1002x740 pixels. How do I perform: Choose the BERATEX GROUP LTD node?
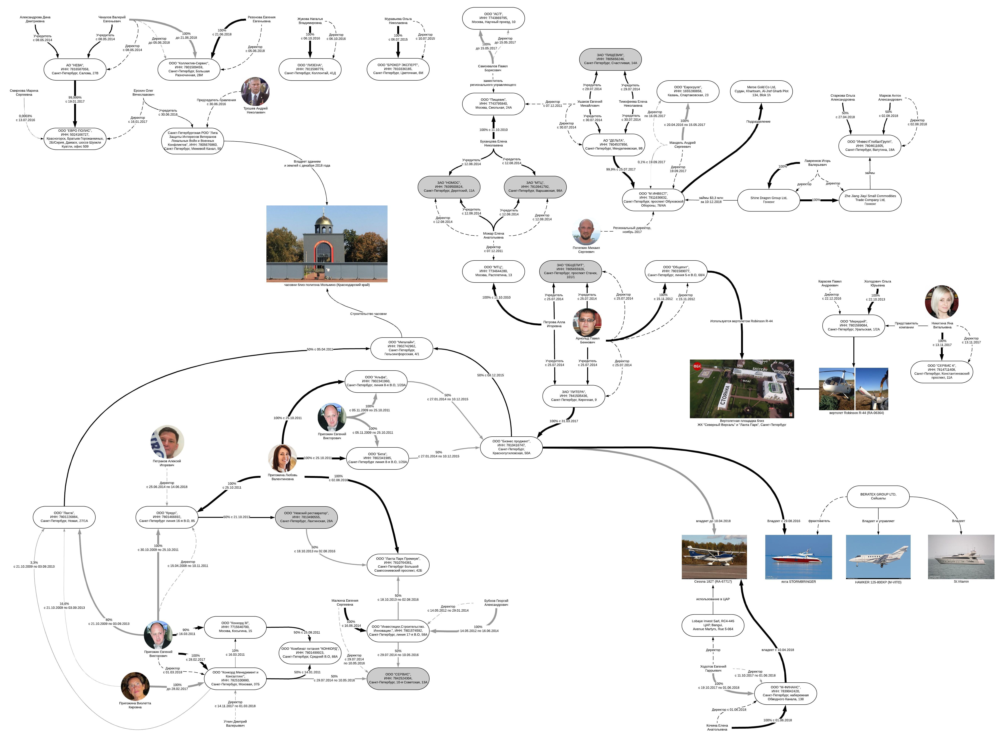[x=878, y=496]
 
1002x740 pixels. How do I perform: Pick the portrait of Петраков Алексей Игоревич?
[x=167, y=442]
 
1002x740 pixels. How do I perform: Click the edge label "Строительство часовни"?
[x=368, y=314]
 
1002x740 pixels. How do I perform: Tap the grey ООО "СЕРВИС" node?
[x=398, y=678]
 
